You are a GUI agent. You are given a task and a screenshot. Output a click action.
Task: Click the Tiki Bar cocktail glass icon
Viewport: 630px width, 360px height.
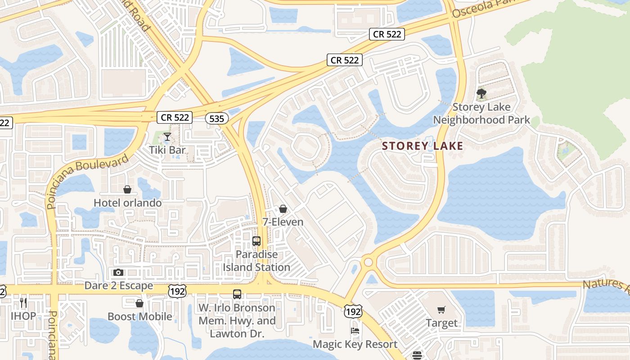pyautogui.click(x=167, y=136)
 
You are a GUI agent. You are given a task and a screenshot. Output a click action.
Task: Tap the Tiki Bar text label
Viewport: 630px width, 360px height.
pyautogui.click(x=167, y=150)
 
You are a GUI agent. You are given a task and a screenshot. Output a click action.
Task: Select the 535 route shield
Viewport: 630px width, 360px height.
pyautogui.click(x=216, y=118)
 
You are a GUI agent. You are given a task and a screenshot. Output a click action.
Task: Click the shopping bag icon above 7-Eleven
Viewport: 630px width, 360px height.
pyautogui.click(x=283, y=209)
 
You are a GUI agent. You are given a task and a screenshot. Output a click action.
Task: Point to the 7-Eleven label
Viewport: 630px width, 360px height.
pyautogui.click(x=283, y=222)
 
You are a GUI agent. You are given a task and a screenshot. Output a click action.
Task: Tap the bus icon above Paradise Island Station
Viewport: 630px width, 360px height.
pyautogui.click(x=256, y=241)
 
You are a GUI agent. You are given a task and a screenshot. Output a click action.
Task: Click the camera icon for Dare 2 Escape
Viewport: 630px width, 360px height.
pyautogui.click(x=118, y=272)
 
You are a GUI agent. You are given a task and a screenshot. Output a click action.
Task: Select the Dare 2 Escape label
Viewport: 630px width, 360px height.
pyautogui.click(x=119, y=286)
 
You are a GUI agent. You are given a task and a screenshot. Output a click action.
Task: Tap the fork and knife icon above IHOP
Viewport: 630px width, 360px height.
pyautogui.click(x=23, y=302)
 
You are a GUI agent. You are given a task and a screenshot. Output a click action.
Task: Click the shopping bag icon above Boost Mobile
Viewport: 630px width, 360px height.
pyautogui.click(x=139, y=303)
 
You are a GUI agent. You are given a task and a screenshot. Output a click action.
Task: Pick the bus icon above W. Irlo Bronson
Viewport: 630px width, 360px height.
pyautogui.click(x=237, y=294)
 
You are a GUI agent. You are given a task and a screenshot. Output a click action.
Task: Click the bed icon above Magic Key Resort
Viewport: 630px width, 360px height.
pyautogui.click(x=355, y=331)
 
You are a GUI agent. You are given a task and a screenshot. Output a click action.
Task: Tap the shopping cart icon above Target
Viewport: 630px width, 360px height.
pyautogui.click(x=441, y=310)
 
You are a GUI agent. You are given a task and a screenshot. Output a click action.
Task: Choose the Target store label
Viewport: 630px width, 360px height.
pyautogui.click(x=441, y=323)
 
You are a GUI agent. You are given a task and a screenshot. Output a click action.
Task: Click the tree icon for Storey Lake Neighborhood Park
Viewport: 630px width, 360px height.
pyautogui.click(x=481, y=94)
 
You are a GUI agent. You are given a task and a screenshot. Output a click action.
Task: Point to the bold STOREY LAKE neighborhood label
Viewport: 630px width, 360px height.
pyautogui.click(x=422, y=146)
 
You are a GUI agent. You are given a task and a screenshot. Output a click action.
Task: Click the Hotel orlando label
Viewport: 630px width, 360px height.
pyautogui.click(x=127, y=203)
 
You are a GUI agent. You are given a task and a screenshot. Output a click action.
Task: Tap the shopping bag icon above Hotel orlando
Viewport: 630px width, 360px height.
pyautogui.click(x=127, y=189)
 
